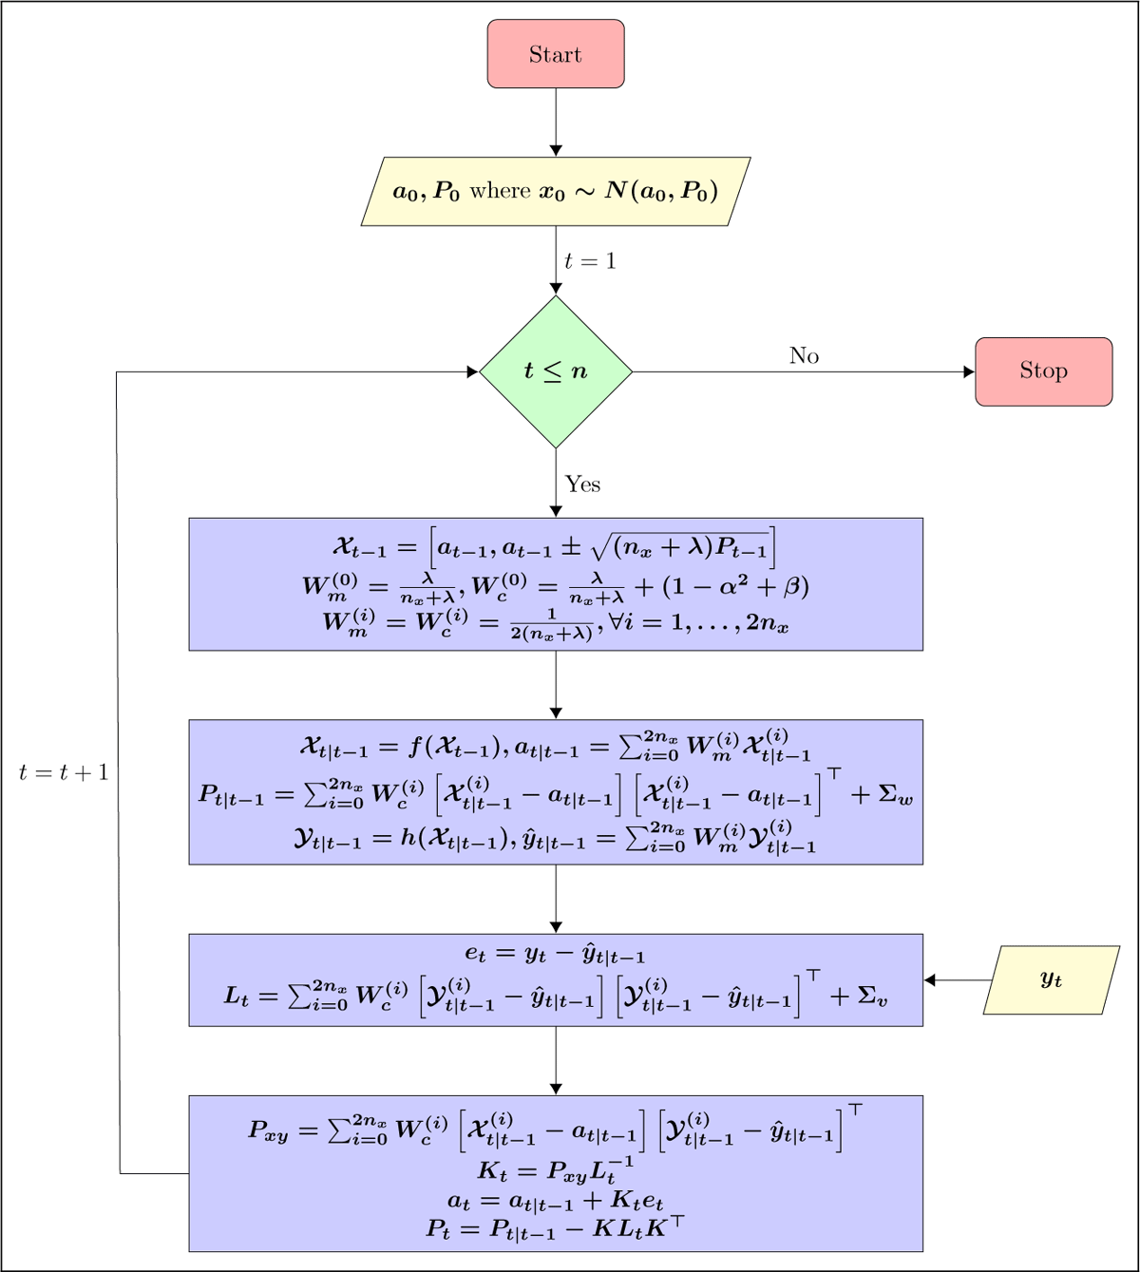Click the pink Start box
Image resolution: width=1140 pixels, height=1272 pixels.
(556, 54)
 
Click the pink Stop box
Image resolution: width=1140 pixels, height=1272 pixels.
(1043, 371)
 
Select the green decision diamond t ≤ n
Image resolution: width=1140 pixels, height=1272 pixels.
(556, 371)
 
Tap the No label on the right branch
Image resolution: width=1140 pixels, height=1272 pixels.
(804, 355)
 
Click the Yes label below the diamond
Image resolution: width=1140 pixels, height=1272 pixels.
(582, 484)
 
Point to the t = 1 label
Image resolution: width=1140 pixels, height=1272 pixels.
(590, 261)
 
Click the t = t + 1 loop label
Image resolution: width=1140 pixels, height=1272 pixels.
(64, 773)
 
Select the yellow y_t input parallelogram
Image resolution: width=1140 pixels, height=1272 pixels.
(1051, 979)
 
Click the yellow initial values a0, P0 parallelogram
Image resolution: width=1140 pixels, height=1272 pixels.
(556, 191)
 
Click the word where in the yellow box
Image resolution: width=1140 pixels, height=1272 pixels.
(500, 191)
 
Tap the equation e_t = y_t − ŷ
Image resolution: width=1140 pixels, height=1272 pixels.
(556, 955)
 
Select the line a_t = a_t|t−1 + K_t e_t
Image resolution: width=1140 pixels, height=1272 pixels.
(556, 1200)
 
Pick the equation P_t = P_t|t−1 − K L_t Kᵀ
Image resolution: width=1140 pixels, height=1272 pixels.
(556, 1228)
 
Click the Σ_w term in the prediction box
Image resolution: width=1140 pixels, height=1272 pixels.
(895, 796)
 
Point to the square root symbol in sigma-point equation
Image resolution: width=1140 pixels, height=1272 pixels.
(599, 548)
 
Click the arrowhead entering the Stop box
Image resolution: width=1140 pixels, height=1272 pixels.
(969, 371)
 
